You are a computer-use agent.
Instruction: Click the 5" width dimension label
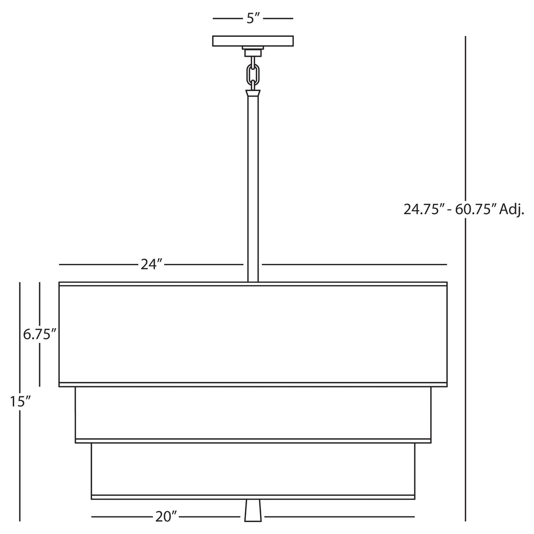pyautogui.click(x=253, y=18)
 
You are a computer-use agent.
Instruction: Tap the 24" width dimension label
pyautogui.click(x=152, y=264)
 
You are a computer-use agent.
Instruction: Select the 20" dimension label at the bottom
pyautogui.click(x=166, y=516)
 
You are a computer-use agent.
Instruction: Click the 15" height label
pyautogui.click(x=20, y=401)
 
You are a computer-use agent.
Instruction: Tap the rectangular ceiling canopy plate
pyautogui.click(x=253, y=41)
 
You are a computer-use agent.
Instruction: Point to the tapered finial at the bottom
pyautogui.click(x=253, y=510)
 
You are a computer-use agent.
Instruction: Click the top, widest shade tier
pyautogui.click(x=253, y=334)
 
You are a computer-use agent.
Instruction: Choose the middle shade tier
pyautogui.click(x=253, y=413)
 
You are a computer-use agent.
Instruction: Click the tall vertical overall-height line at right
pyautogui.click(x=465, y=132)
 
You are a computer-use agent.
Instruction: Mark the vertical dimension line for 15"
pyautogui.click(x=20, y=462)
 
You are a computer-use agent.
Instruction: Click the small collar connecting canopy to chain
pyautogui.click(x=253, y=52)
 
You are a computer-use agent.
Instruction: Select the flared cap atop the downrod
pyautogui.click(x=253, y=94)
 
